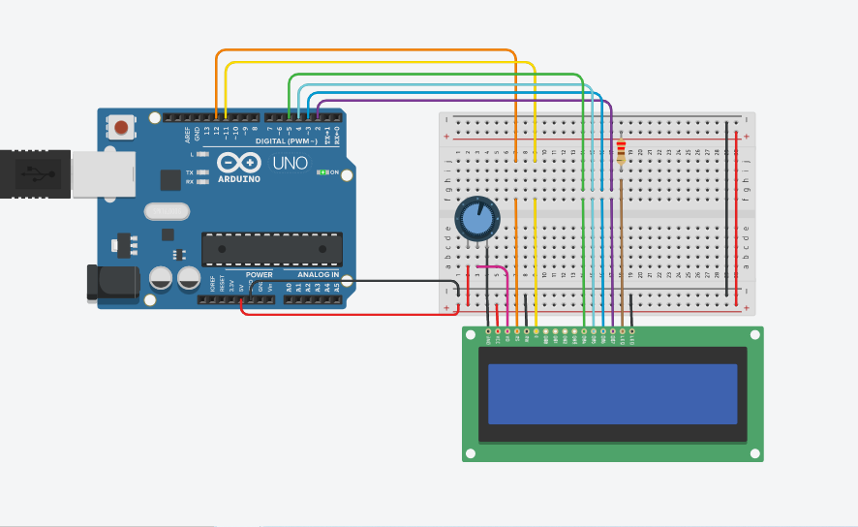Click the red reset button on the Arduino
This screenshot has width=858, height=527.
[x=121, y=127]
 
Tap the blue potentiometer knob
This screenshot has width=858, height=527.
[x=476, y=219]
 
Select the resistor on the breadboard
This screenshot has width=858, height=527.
[x=621, y=151]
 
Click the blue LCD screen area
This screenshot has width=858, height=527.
[x=612, y=393]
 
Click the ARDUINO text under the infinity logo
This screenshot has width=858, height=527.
[x=238, y=178]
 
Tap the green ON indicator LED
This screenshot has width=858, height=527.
[x=321, y=172]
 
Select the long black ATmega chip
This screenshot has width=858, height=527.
[x=271, y=249]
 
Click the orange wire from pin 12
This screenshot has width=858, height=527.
[x=368, y=50]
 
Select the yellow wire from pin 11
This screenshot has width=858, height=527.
[x=387, y=62]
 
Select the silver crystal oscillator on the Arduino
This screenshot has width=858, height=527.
[x=166, y=211]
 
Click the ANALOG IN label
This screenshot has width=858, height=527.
[x=318, y=274]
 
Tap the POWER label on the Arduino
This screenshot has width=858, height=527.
[x=259, y=274]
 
